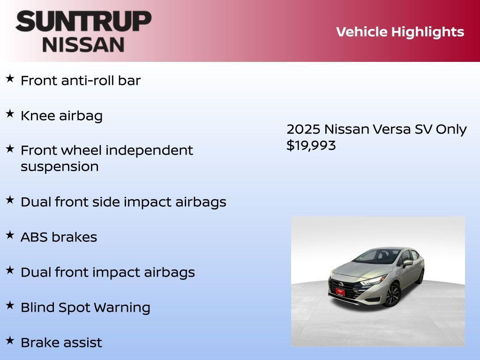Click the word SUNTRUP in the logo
click(83, 22)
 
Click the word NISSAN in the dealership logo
click(83, 44)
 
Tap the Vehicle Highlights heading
click(400, 32)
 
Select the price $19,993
click(311, 145)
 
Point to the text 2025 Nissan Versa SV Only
click(376, 129)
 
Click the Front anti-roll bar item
click(80, 81)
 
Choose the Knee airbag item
click(61, 116)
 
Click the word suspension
click(60, 167)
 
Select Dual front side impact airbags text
click(123, 202)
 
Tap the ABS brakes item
click(59, 237)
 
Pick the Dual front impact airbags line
click(107, 272)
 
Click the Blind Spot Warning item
click(85, 307)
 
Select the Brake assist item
click(61, 343)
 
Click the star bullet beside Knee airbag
click(10, 114)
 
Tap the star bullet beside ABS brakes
click(10, 235)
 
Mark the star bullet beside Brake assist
click(10, 340)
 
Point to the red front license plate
click(340, 292)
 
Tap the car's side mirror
click(407, 263)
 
